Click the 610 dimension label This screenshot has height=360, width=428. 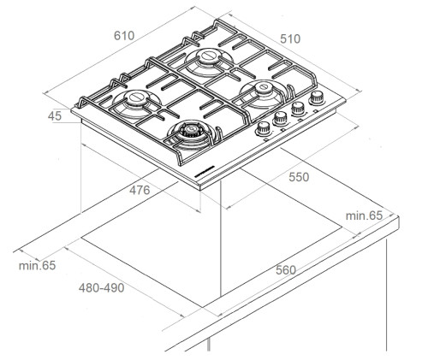click(x=124, y=36)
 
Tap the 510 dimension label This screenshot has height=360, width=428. click(x=290, y=39)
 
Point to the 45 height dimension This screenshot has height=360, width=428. click(x=55, y=116)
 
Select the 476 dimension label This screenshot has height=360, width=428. click(x=140, y=190)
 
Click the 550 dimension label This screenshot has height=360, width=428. click(x=299, y=177)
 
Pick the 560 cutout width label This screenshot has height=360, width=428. click(x=286, y=270)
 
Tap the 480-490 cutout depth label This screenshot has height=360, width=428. click(x=102, y=288)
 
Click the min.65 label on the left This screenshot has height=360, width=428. click(x=37, y=266)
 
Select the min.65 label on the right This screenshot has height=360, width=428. click(x=364, y=215)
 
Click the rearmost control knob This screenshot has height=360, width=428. click(x=317, y=97)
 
